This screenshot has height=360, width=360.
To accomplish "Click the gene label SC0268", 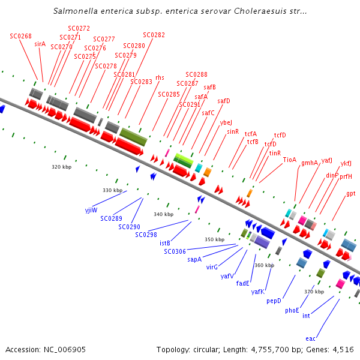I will [20, 36].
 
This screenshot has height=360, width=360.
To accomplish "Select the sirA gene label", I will [40, 44].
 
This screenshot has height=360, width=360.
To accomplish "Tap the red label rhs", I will [160, 77].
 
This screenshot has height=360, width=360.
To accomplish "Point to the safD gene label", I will [223, 101].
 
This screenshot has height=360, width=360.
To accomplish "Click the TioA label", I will [290, 159].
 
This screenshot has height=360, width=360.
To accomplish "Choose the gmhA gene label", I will [310, 162].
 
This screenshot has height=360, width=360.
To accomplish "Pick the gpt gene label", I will [350, 193].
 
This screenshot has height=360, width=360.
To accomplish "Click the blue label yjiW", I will [91, 211].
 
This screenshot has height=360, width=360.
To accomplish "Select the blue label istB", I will [165, 243].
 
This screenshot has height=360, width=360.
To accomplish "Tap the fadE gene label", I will [242, 283].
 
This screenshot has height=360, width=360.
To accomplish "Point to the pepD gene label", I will [274, 301].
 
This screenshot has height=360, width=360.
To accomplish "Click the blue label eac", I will [310, 338].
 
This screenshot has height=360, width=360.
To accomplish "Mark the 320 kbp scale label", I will [61, 167].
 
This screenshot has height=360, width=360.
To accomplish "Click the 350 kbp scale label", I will [214, 239].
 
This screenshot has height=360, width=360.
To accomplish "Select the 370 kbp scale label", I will [314, 291].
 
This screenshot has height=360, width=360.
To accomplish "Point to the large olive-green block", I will [133, 136].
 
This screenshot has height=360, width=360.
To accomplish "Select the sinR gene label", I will [233, 131].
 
